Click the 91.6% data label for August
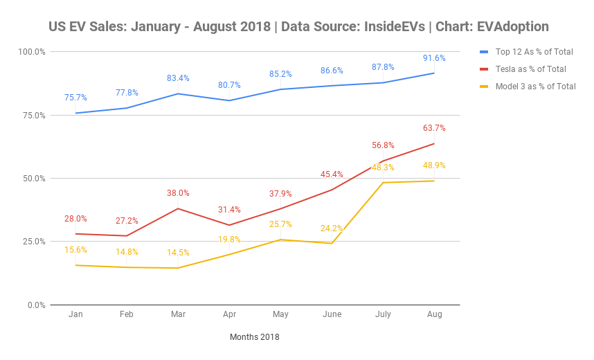434,58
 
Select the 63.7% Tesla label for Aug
434,128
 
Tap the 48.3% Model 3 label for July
383,168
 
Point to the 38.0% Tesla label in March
178,193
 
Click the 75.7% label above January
75,98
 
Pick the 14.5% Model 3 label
178,253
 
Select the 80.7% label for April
229,85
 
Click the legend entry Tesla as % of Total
530,69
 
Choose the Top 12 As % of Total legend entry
534,51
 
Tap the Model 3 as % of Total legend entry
535,87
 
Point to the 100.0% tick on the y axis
32,52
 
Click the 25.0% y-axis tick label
34,242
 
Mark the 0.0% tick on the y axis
36,305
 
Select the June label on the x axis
332,314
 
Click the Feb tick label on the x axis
127,314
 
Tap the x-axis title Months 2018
255,337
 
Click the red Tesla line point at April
229,225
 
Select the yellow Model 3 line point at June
332,243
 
